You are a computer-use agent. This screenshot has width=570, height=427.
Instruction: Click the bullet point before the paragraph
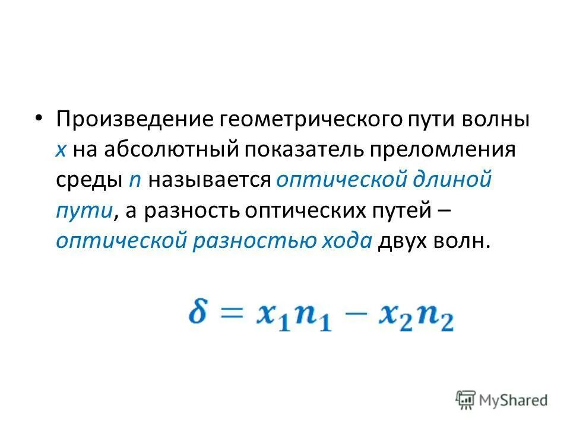click(x=39, y=117)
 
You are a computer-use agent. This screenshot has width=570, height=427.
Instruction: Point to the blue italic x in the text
click(x=62, y=150)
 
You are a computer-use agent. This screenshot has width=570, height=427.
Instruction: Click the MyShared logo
click(x=502, y=400)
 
